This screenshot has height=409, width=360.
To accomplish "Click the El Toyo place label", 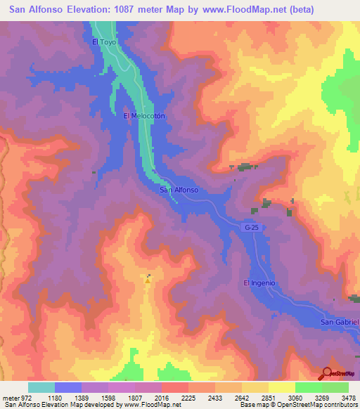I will click(x=103, y=41).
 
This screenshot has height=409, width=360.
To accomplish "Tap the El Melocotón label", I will click(x=143, y=117).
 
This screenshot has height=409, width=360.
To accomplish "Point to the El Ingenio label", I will click(x=259, y=283).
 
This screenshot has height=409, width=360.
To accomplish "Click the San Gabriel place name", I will click(x=340, y=322).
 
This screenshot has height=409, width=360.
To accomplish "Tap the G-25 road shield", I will click(x=252, y=228).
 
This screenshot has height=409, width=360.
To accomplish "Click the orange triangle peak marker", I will click(x=148, y=280).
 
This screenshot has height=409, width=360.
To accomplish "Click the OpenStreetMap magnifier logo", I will click(x=327, y=374).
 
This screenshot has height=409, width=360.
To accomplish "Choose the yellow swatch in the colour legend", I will click(x=281, y=387).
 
